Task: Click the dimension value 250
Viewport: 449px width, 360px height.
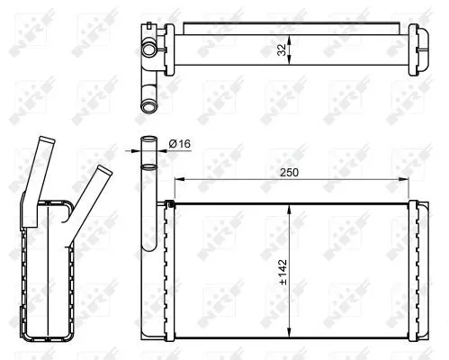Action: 290,173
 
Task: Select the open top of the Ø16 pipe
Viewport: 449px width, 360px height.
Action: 149,141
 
